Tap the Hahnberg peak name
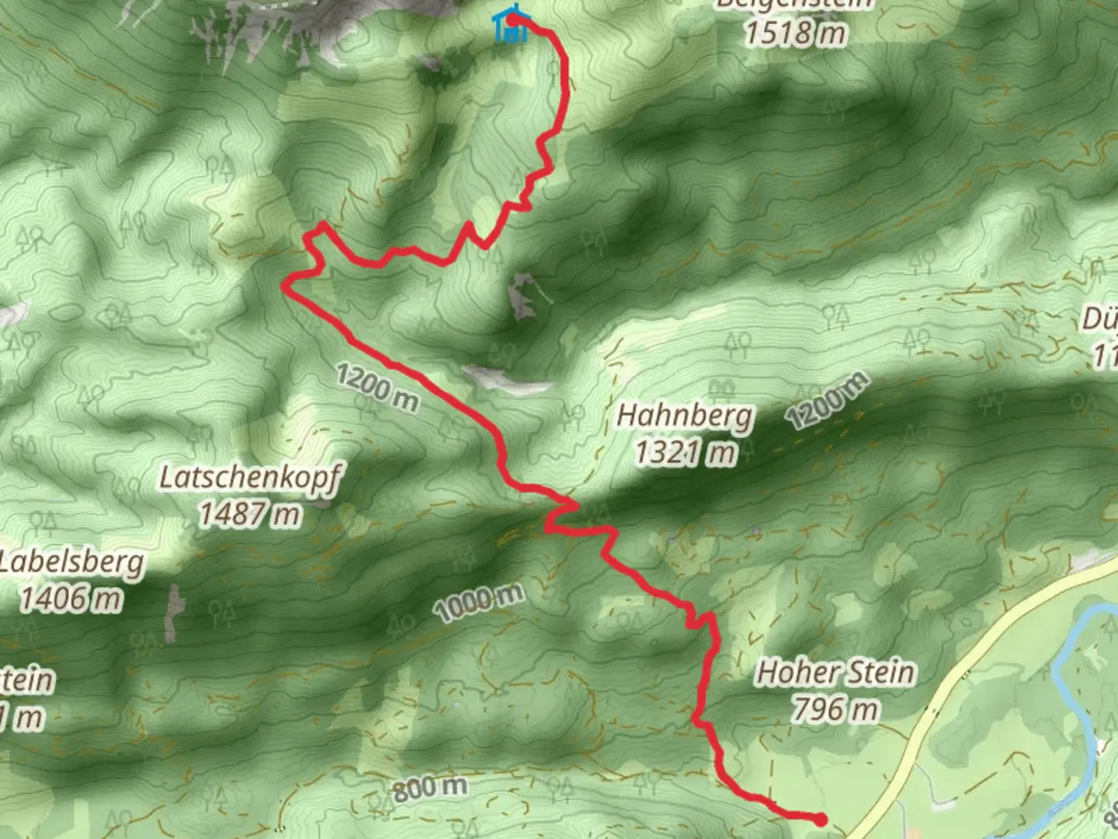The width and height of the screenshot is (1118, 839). tap(685, 416)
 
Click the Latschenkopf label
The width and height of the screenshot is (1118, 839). tap(249, 478)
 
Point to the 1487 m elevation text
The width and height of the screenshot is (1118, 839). tap(249, 513)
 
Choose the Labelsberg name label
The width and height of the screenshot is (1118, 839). tap(71, 562)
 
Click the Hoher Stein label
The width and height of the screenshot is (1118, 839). tap(835, 672)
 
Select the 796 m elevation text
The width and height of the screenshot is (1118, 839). tap(835, 708)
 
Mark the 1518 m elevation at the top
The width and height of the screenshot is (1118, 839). tap(793, 33)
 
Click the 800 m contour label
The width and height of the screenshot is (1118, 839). tap(429, 789)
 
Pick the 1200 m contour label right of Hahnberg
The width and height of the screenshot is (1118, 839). tap(827, 402)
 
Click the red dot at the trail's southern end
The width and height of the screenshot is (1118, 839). tap(821, 818)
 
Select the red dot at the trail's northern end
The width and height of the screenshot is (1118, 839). tap(514, 19)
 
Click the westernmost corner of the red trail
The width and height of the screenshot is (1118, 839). tap(284, 287)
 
